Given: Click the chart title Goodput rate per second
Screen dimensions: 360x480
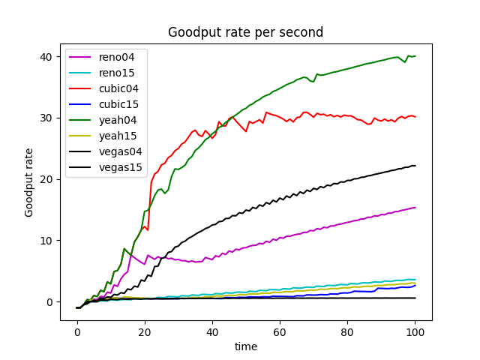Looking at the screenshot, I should [245, 32].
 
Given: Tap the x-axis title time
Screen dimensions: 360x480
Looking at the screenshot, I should [245, 346].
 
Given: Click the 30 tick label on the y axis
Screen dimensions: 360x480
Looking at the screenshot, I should [47, 118].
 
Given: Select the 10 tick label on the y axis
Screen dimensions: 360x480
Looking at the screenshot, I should [47, 241].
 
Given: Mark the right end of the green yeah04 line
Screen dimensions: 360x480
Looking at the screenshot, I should [415, 56].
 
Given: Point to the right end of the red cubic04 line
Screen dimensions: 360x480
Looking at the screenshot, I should [415, 117].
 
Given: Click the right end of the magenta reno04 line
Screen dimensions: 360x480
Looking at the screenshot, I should [415, 208].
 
